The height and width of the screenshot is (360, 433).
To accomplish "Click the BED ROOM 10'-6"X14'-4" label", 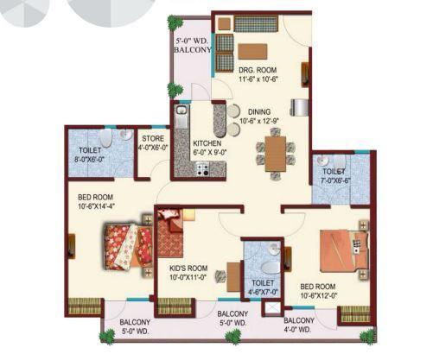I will [x=97, y=201].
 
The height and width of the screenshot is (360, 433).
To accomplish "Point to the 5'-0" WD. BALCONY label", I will [x=192, y=45].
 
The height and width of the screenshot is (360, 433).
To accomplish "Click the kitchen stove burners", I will [x=204, y=168].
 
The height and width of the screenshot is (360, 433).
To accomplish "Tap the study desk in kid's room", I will [x=232, y=275].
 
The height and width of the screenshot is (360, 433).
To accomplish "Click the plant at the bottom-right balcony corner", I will [x=367, y=336].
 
